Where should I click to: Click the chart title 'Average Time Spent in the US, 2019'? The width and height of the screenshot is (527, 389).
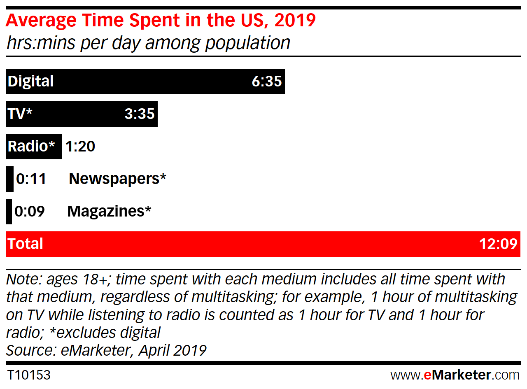161,21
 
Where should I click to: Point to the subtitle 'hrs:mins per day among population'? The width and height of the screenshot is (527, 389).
148,43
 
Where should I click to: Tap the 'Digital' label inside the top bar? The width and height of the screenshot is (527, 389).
31,81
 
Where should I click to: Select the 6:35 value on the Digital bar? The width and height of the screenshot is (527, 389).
267,81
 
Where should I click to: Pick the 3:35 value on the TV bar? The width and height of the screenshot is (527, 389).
140,113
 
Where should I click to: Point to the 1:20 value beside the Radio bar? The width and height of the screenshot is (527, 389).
80,146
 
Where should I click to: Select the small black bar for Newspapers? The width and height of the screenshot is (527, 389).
9,179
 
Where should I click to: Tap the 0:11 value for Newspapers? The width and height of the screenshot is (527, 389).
31,179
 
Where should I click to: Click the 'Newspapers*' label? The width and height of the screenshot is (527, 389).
117,179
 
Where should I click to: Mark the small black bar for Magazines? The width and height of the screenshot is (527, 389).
9,211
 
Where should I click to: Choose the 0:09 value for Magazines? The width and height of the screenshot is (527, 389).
29,211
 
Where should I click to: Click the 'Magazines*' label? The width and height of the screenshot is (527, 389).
109,211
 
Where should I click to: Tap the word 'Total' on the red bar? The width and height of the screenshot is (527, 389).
26,244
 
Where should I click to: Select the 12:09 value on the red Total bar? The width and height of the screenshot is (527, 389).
498,244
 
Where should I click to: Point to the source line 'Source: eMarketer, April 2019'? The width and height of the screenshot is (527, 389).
106,350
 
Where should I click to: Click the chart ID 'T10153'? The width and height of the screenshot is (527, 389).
29,375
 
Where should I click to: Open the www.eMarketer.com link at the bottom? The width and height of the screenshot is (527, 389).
455,375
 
